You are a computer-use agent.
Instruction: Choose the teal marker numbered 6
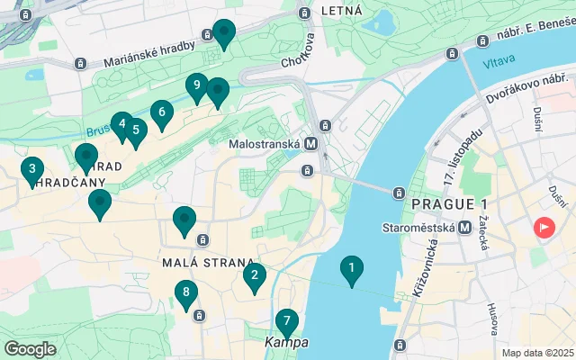(161, 113)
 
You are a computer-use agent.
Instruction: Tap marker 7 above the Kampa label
(286, 321)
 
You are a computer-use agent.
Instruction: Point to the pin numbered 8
(185, 293)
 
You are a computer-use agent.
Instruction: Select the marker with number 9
(197, 87)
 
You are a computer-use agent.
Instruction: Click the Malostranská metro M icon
(310, 143)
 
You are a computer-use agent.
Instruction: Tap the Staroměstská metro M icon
(465, 228)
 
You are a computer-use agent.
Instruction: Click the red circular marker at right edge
(544, 228)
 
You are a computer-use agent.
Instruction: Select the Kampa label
(286, 343)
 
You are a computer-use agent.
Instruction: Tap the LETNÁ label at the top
(346, 11)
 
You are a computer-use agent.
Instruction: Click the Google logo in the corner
(31, 349)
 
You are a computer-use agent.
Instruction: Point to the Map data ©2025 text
(536, 353)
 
